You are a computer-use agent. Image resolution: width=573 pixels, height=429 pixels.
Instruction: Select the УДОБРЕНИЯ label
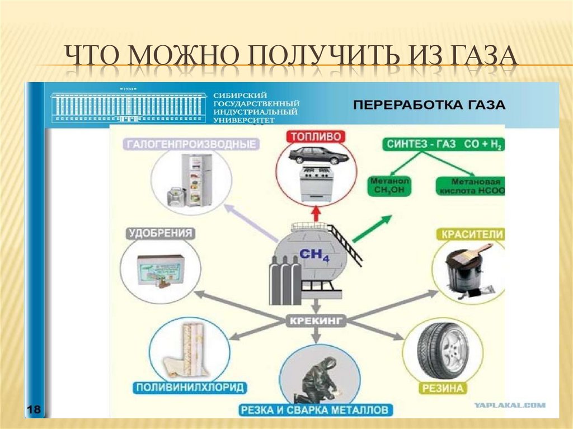click(161, 233)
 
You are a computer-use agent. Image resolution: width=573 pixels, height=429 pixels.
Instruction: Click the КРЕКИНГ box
click(316, 321)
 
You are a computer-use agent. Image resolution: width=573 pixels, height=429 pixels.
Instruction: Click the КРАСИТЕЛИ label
click(471, 234)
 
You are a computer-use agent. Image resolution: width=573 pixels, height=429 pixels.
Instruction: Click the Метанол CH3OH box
click(390, 186)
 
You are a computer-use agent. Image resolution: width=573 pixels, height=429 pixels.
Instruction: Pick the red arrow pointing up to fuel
click(315, 213)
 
